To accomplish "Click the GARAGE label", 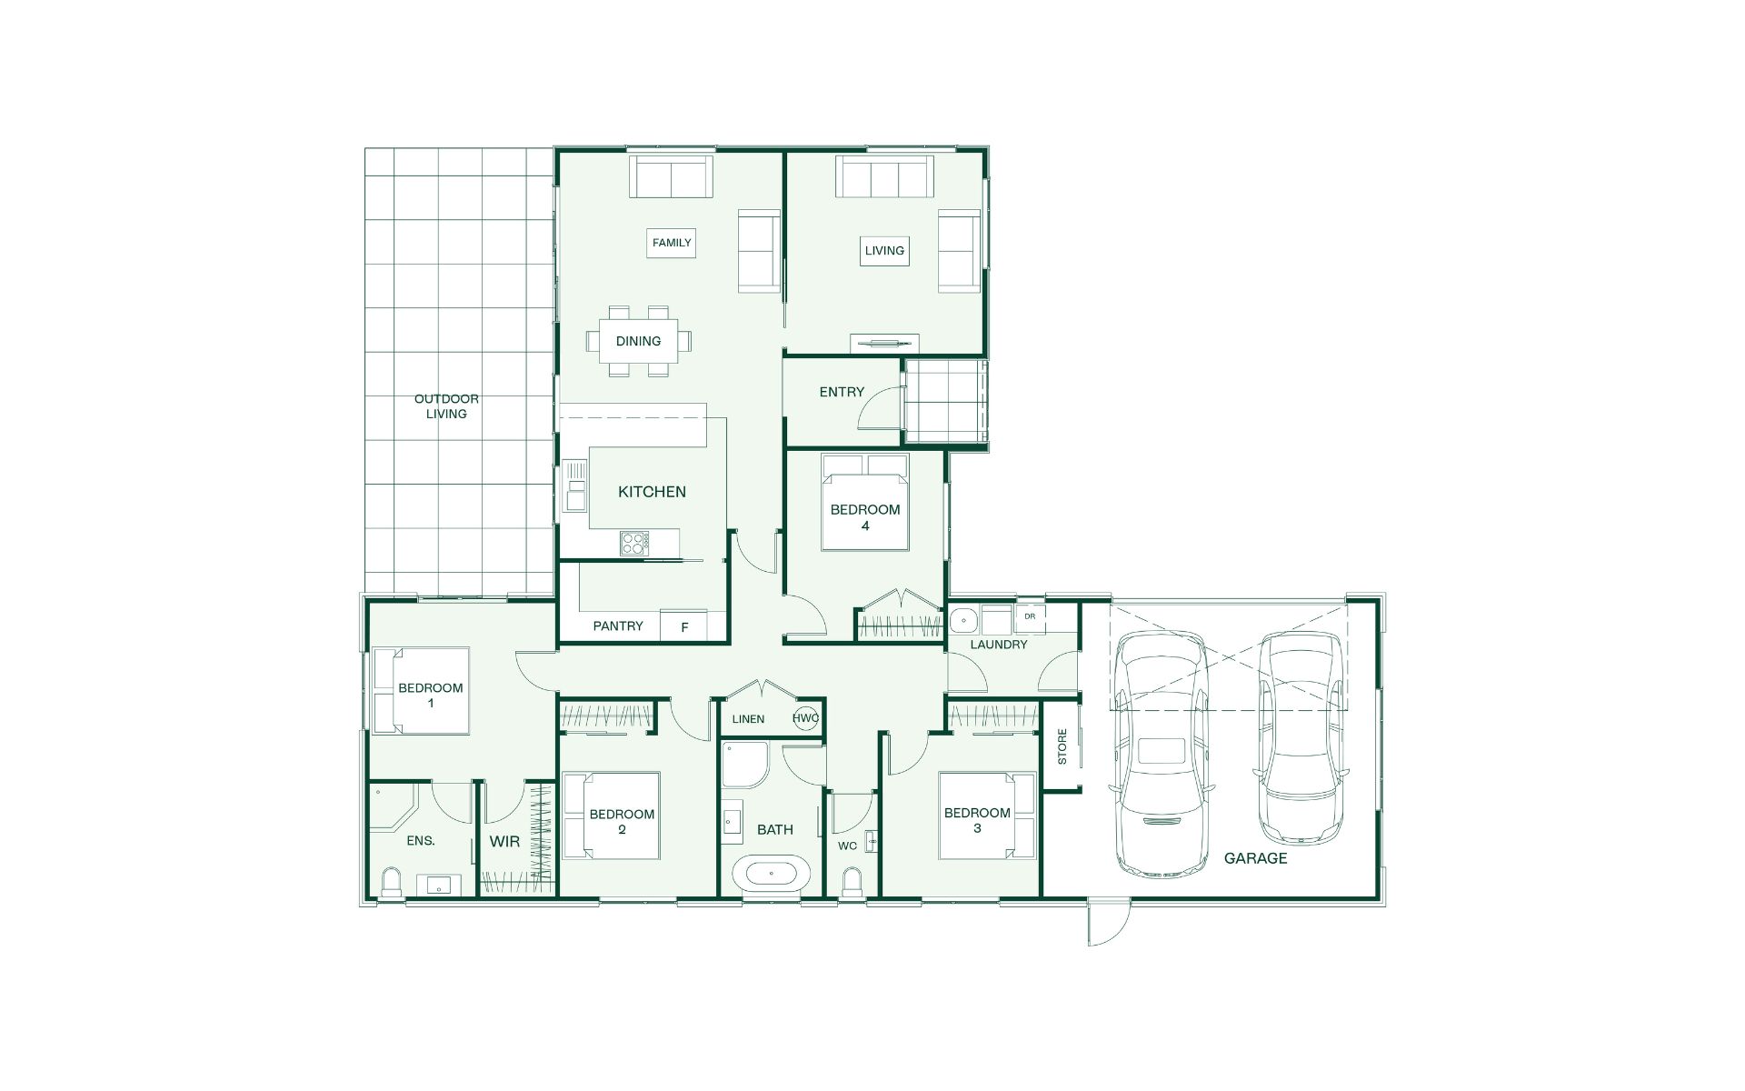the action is pyautogui.click(x=1255, y=858).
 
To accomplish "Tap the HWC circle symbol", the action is pyautogui.click(x=805, y=717).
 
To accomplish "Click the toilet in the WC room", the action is pyautogui.click(x=853, y=882).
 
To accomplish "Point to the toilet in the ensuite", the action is pyautogui.click(x=392, y=882).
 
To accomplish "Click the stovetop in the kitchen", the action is pyautogui.click(x=634, y=543).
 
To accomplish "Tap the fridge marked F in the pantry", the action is pyautogui.click(x=684, y=626).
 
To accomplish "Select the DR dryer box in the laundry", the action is pyautogui.click(x=1030, y=617).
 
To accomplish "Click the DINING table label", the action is pyautogui.click(x=638, y=341).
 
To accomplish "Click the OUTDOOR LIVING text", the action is pyautogui.click(x=446, y=406).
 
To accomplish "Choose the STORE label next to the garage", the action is pyautogui.click(x=1062, y=746).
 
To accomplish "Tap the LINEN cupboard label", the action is pyautogui.click(x=748, y=719).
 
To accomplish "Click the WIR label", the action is pyautogui.click(x=504, y=842).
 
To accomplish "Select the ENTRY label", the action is pyautogui.click(x=842, y=392).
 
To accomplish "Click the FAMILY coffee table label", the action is pyautogui.click(x=672, y=243).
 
